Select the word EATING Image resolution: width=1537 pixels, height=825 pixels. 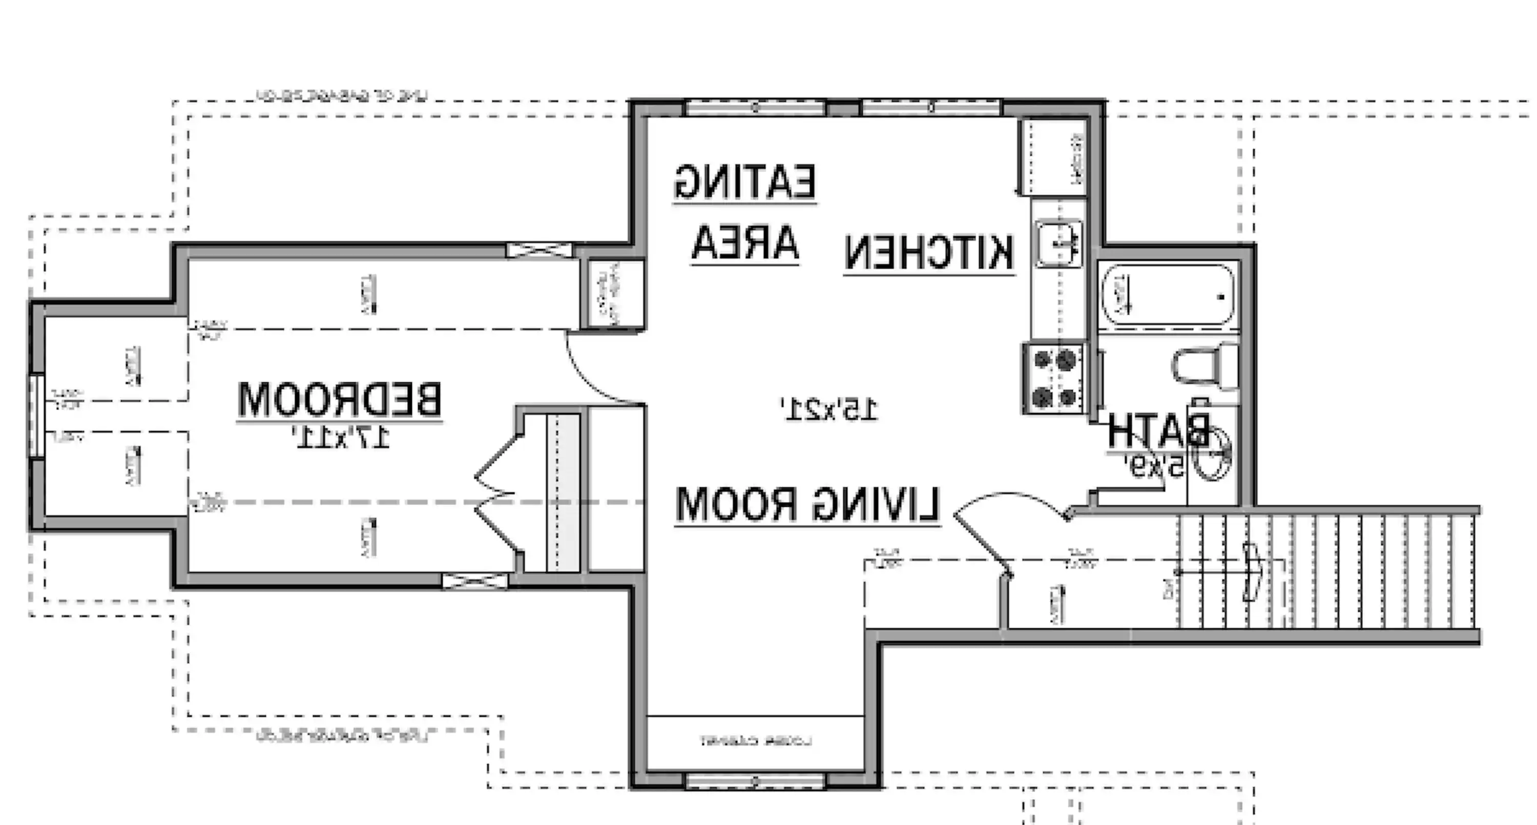pyautogui.click(x=744, y=181)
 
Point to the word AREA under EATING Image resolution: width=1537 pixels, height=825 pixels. pyautogui.click(x=744, y=243)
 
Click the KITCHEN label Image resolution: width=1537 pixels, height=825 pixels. pyautogui.click(x=928, y=253)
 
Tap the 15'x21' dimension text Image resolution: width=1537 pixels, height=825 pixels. pyautogui.click(x=830, y=410)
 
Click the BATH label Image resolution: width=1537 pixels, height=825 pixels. pyautogui.click(x=1157, y=430)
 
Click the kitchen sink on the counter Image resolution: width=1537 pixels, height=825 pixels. pyautogui.click(x=1058, y=243)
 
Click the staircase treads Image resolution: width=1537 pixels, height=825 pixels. pyautogui.click(x=1327, y=572)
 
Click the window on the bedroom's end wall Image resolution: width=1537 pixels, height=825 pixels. pyautogui.click(x=37, y=416)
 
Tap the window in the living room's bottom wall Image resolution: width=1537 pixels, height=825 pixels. pyautogui.click(x=755, y=781)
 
